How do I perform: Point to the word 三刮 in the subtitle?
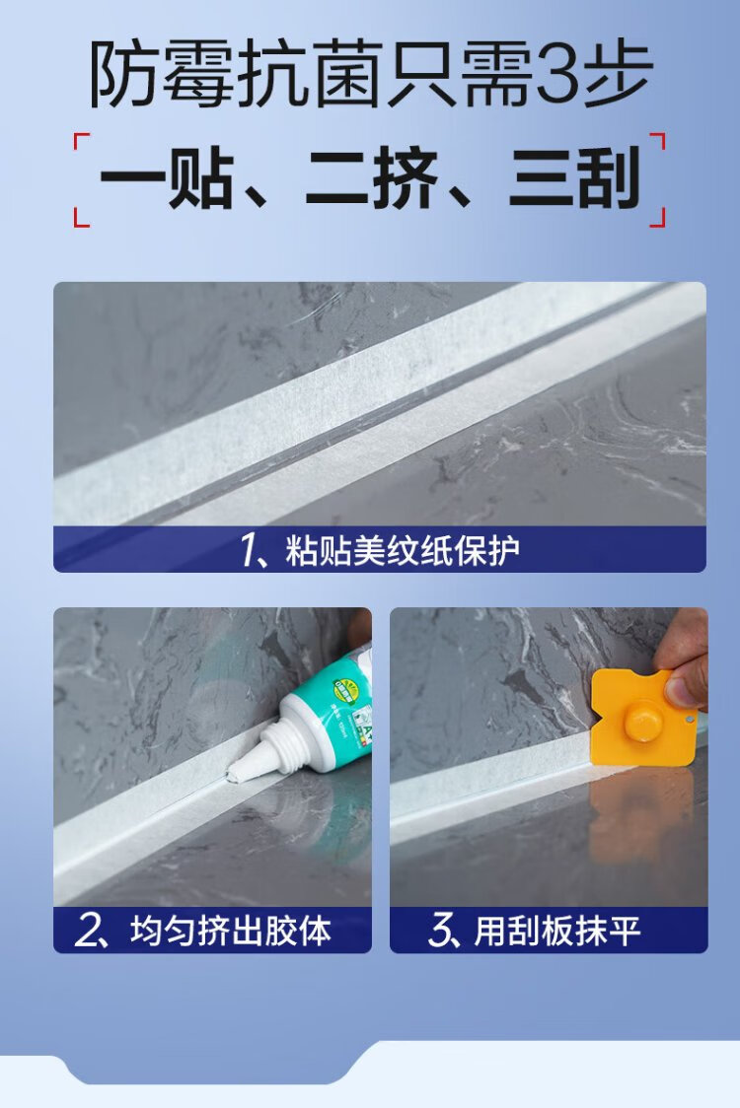point(574,178)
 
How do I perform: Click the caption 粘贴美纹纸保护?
point(403,550)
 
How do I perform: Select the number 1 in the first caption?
point(249,550)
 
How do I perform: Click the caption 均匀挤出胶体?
point(231,931)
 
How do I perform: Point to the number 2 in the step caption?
point(86,932)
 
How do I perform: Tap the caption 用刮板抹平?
point(557,931)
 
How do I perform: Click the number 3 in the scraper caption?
point(439,932)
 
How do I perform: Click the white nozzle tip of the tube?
point(235,775)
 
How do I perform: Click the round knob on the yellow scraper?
point(643,721)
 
